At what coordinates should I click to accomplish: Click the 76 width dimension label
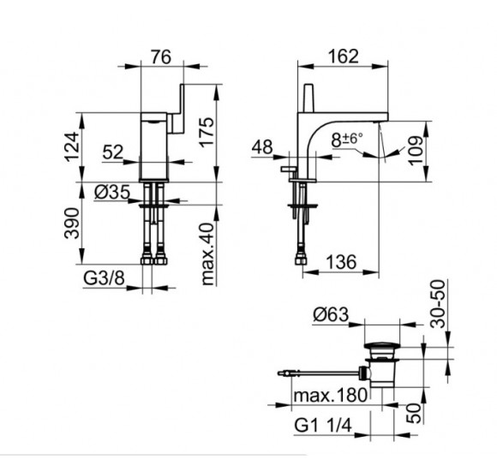click(161, 57)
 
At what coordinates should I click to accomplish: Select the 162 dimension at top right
click(344, 57)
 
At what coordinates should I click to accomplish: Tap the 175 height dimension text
click(207, 132)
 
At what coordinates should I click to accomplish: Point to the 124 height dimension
click(72, 147)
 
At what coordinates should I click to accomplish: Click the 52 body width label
click(113, 152)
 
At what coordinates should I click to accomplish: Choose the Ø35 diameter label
click(112, 192)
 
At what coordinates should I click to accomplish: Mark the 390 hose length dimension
click(72, 223)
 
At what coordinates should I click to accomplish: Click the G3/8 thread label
click(104, 278)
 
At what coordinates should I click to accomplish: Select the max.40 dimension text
click(208, 254)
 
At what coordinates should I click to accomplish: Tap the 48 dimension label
click(262, 147)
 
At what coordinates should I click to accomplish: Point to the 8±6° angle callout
click(347, 140)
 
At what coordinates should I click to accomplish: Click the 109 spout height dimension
click(416, 151)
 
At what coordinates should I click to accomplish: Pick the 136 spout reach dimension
click(341, 262)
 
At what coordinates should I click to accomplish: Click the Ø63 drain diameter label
click(331, 315)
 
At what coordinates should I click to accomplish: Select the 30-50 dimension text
click(438, 303)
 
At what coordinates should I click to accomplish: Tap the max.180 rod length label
click(331, 396)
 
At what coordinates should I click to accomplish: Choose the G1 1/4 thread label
click(323, 425)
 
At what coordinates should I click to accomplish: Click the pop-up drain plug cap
click(382, 346)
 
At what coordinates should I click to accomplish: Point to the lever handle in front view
click(177, 109)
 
